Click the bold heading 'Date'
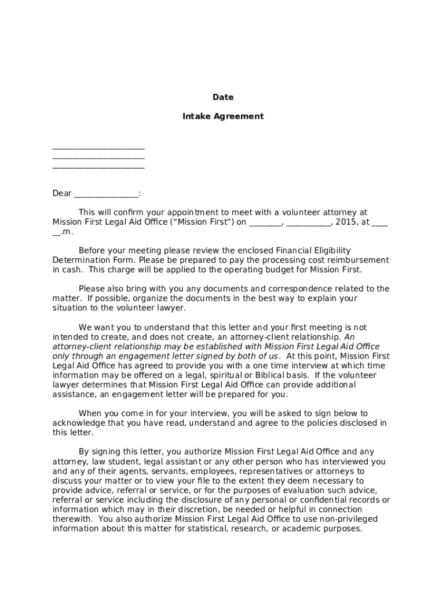223,97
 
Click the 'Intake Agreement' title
223,116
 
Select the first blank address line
98,148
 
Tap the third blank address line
98,167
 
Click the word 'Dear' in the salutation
62,193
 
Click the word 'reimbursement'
360,260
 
